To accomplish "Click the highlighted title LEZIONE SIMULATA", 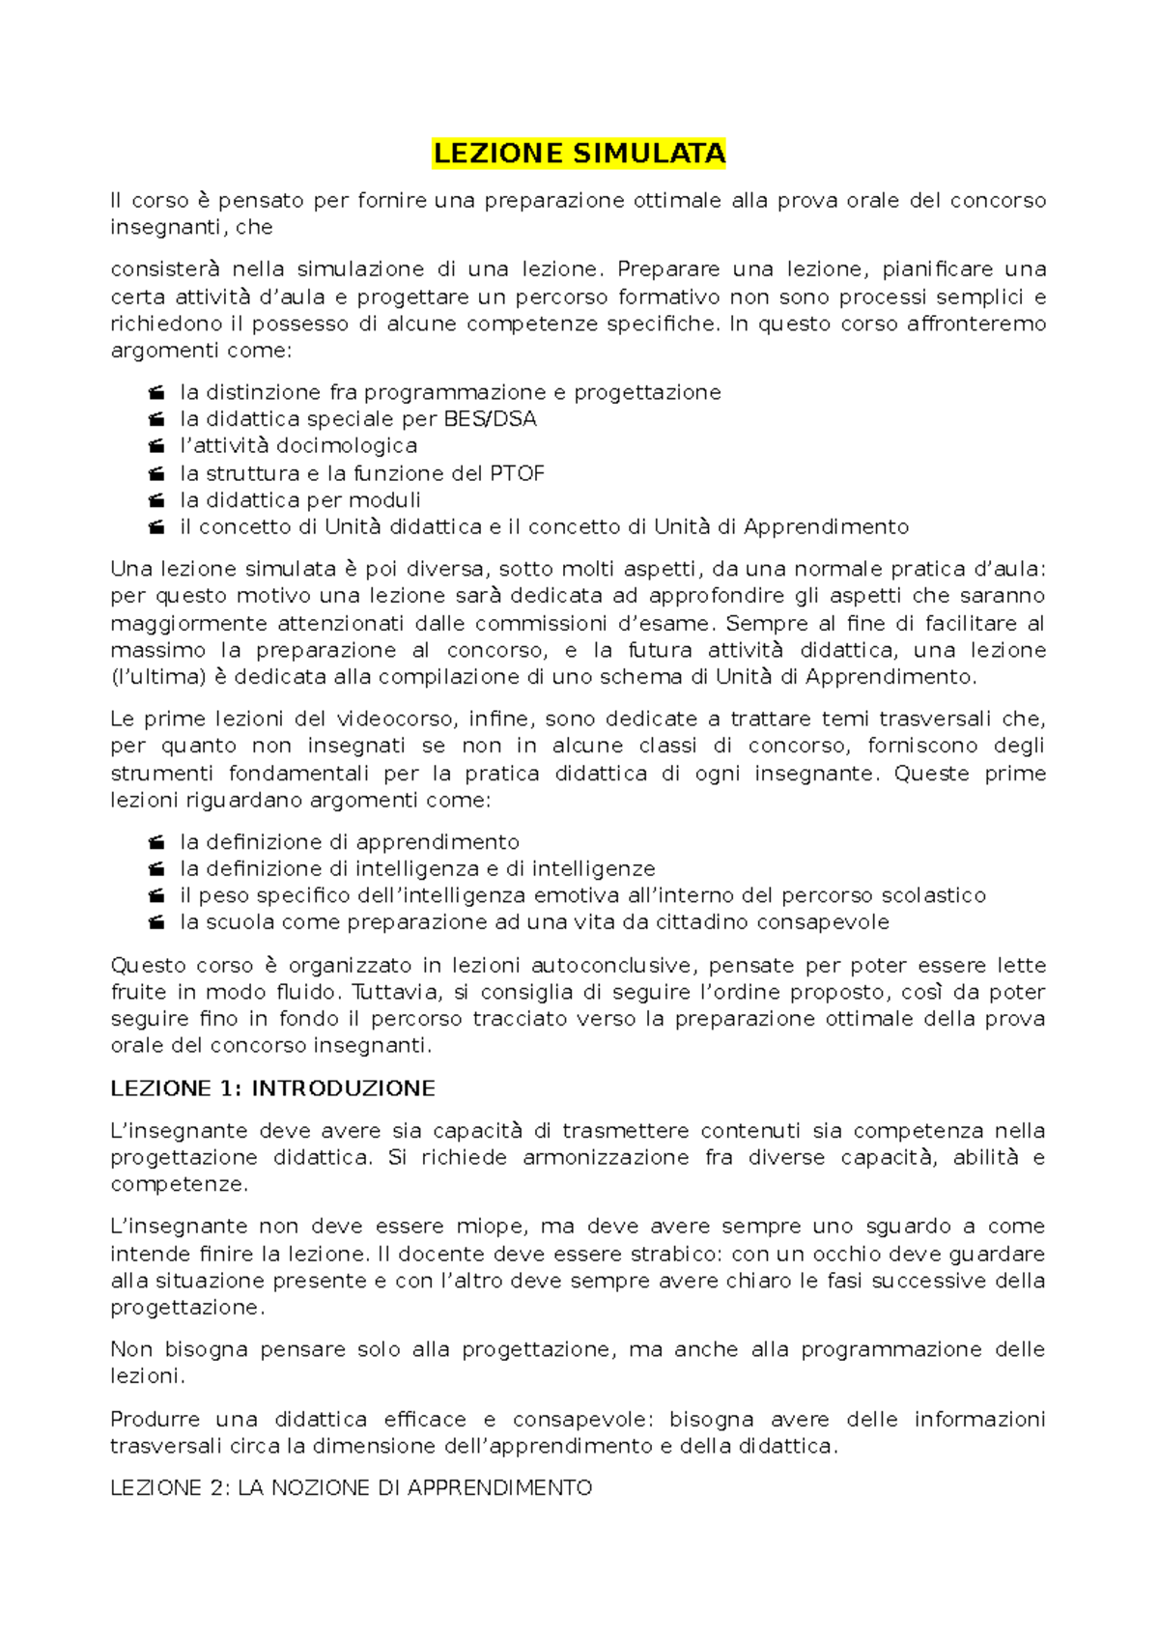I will click(x=579, y=154).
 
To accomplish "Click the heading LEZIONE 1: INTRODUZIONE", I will click(x=272, y=1088).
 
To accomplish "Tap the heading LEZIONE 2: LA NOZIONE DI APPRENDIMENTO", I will click(x=351, y=1487).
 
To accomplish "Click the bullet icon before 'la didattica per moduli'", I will click(x=156, y=500).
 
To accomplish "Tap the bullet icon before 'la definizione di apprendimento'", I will click(x=156, y=842).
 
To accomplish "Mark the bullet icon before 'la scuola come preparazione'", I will click(x=156, y=922).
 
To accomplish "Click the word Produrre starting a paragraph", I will click(x=155, y=1419).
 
